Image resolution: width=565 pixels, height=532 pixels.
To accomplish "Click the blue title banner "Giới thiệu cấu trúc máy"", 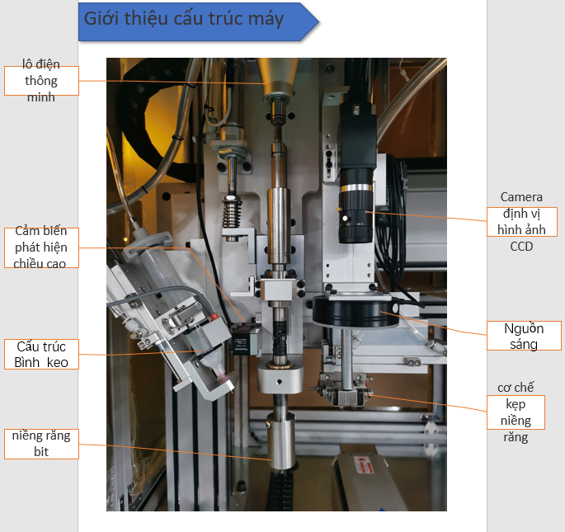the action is (x=198, y=21).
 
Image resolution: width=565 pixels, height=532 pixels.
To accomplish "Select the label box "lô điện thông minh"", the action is (x=41, y=81).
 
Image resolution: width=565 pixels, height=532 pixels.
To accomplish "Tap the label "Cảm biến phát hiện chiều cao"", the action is (x=41, y=247).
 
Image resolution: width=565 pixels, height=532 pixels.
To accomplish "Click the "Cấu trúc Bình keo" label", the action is (x=41, y=355).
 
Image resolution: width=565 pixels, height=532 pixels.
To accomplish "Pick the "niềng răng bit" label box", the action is (x=41, y=444).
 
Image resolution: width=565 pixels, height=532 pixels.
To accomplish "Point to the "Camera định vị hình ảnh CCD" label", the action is (x=522, y=222).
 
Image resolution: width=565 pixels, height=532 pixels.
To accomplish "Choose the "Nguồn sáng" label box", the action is (x=524, y=336).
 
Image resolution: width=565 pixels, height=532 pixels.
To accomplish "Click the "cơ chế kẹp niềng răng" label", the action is (x=516, y=412).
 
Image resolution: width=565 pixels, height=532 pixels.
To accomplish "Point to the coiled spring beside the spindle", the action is (x=232, y=213).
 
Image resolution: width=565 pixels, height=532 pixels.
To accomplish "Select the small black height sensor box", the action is (x=242, y=339).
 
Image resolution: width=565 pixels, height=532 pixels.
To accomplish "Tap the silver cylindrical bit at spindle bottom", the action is (x=280, y=441).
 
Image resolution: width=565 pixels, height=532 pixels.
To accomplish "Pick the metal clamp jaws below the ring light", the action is (x=346, y=393).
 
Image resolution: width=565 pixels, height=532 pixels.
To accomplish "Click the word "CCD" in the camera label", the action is (x=521, y=247).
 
